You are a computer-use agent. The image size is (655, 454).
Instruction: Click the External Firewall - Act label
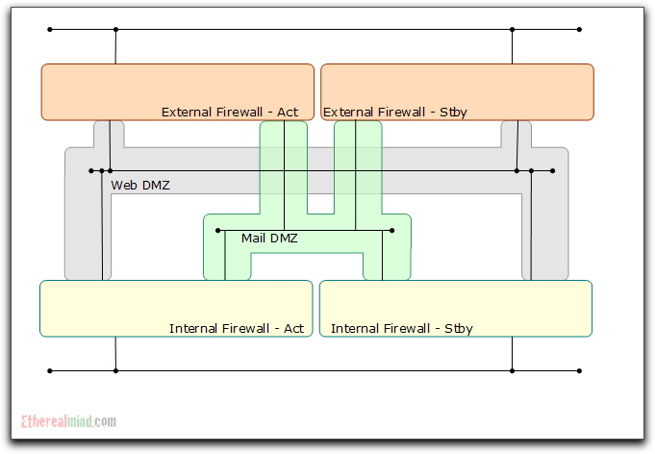click(x=230, y=112)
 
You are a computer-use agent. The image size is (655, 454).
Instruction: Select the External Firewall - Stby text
click(x=395, y=112)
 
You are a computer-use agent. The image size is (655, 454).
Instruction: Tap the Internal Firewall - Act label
click(x=237, y=328)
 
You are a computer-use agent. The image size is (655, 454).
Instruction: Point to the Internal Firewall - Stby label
click(x=402, y=328)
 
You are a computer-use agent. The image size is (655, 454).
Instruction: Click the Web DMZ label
click(x=140, y=185)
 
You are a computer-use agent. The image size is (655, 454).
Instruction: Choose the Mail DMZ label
click(x=269, y=238)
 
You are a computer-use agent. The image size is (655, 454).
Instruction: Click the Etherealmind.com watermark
click(x=69, y=420)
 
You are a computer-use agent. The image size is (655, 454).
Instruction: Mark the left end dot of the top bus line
click(x=50, y=30)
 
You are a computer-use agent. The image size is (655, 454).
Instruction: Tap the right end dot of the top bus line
click(x=579, y=30)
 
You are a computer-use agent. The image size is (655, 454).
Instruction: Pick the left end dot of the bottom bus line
click(x=50, y=370)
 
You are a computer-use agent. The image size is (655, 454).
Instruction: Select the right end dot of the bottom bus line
click(x=579, y=370)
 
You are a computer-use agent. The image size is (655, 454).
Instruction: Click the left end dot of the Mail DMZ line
click(x=218, y=231)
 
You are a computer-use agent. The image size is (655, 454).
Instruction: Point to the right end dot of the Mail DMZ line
click(x=392, y=231)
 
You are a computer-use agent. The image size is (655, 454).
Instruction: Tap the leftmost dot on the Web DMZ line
click(x=91, y=171)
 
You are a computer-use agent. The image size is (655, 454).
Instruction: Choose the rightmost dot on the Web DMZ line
click(x=552, y=171)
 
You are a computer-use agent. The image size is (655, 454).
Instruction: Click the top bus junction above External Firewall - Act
click(x=115, y=30)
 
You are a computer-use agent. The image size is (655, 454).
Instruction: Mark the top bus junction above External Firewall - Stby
click(x=512, y=30)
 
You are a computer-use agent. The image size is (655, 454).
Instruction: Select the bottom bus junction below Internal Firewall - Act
click(x=115, y=370)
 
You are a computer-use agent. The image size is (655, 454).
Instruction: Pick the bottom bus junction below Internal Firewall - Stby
click(x=512, y=370)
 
